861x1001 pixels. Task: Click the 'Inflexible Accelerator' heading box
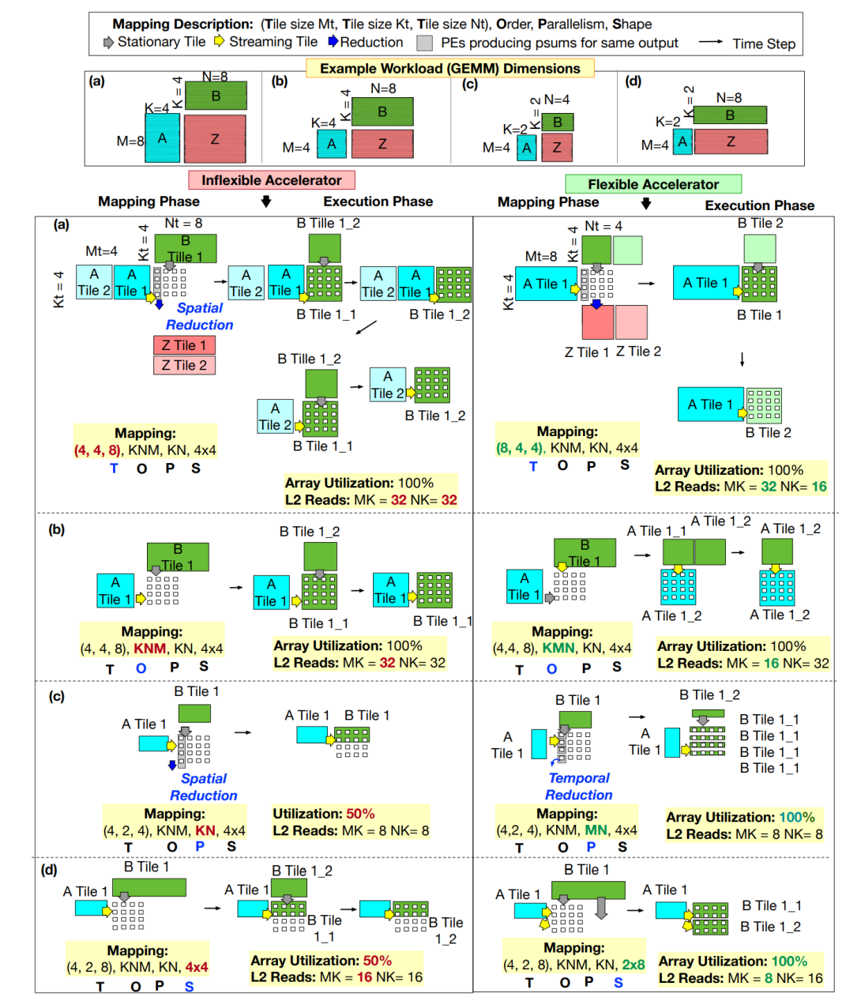coord(271,180)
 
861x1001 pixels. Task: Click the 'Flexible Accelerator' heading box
coord(652,184)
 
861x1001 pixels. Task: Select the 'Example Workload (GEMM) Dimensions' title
coord(449,69)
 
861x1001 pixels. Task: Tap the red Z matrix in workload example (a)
coord(215,139)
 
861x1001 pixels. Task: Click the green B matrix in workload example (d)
coord(730,115)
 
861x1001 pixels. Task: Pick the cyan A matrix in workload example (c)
coord(526,148)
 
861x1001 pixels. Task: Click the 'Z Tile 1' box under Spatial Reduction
coord(184,345)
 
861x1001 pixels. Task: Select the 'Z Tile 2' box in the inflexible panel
coord(184,365)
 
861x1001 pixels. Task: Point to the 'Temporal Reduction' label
coord(579,786)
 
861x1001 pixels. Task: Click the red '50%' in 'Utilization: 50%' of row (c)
coord(360,814)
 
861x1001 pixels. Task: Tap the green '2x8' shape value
coord(633,965)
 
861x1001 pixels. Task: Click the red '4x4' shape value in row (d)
coord(197,967)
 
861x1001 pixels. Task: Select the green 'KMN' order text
coord(558,648)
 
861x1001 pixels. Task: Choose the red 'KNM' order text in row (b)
coord(150,649)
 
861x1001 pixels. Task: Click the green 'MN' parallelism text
coord(596,830)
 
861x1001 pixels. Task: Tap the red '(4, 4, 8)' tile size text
coord(97,450)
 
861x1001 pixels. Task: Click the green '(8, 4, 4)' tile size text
coord(520,448)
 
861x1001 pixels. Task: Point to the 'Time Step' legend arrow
coord(710,42)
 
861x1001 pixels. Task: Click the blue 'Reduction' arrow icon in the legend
coord(333,41)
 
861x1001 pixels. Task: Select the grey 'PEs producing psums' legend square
coord(425,43)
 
